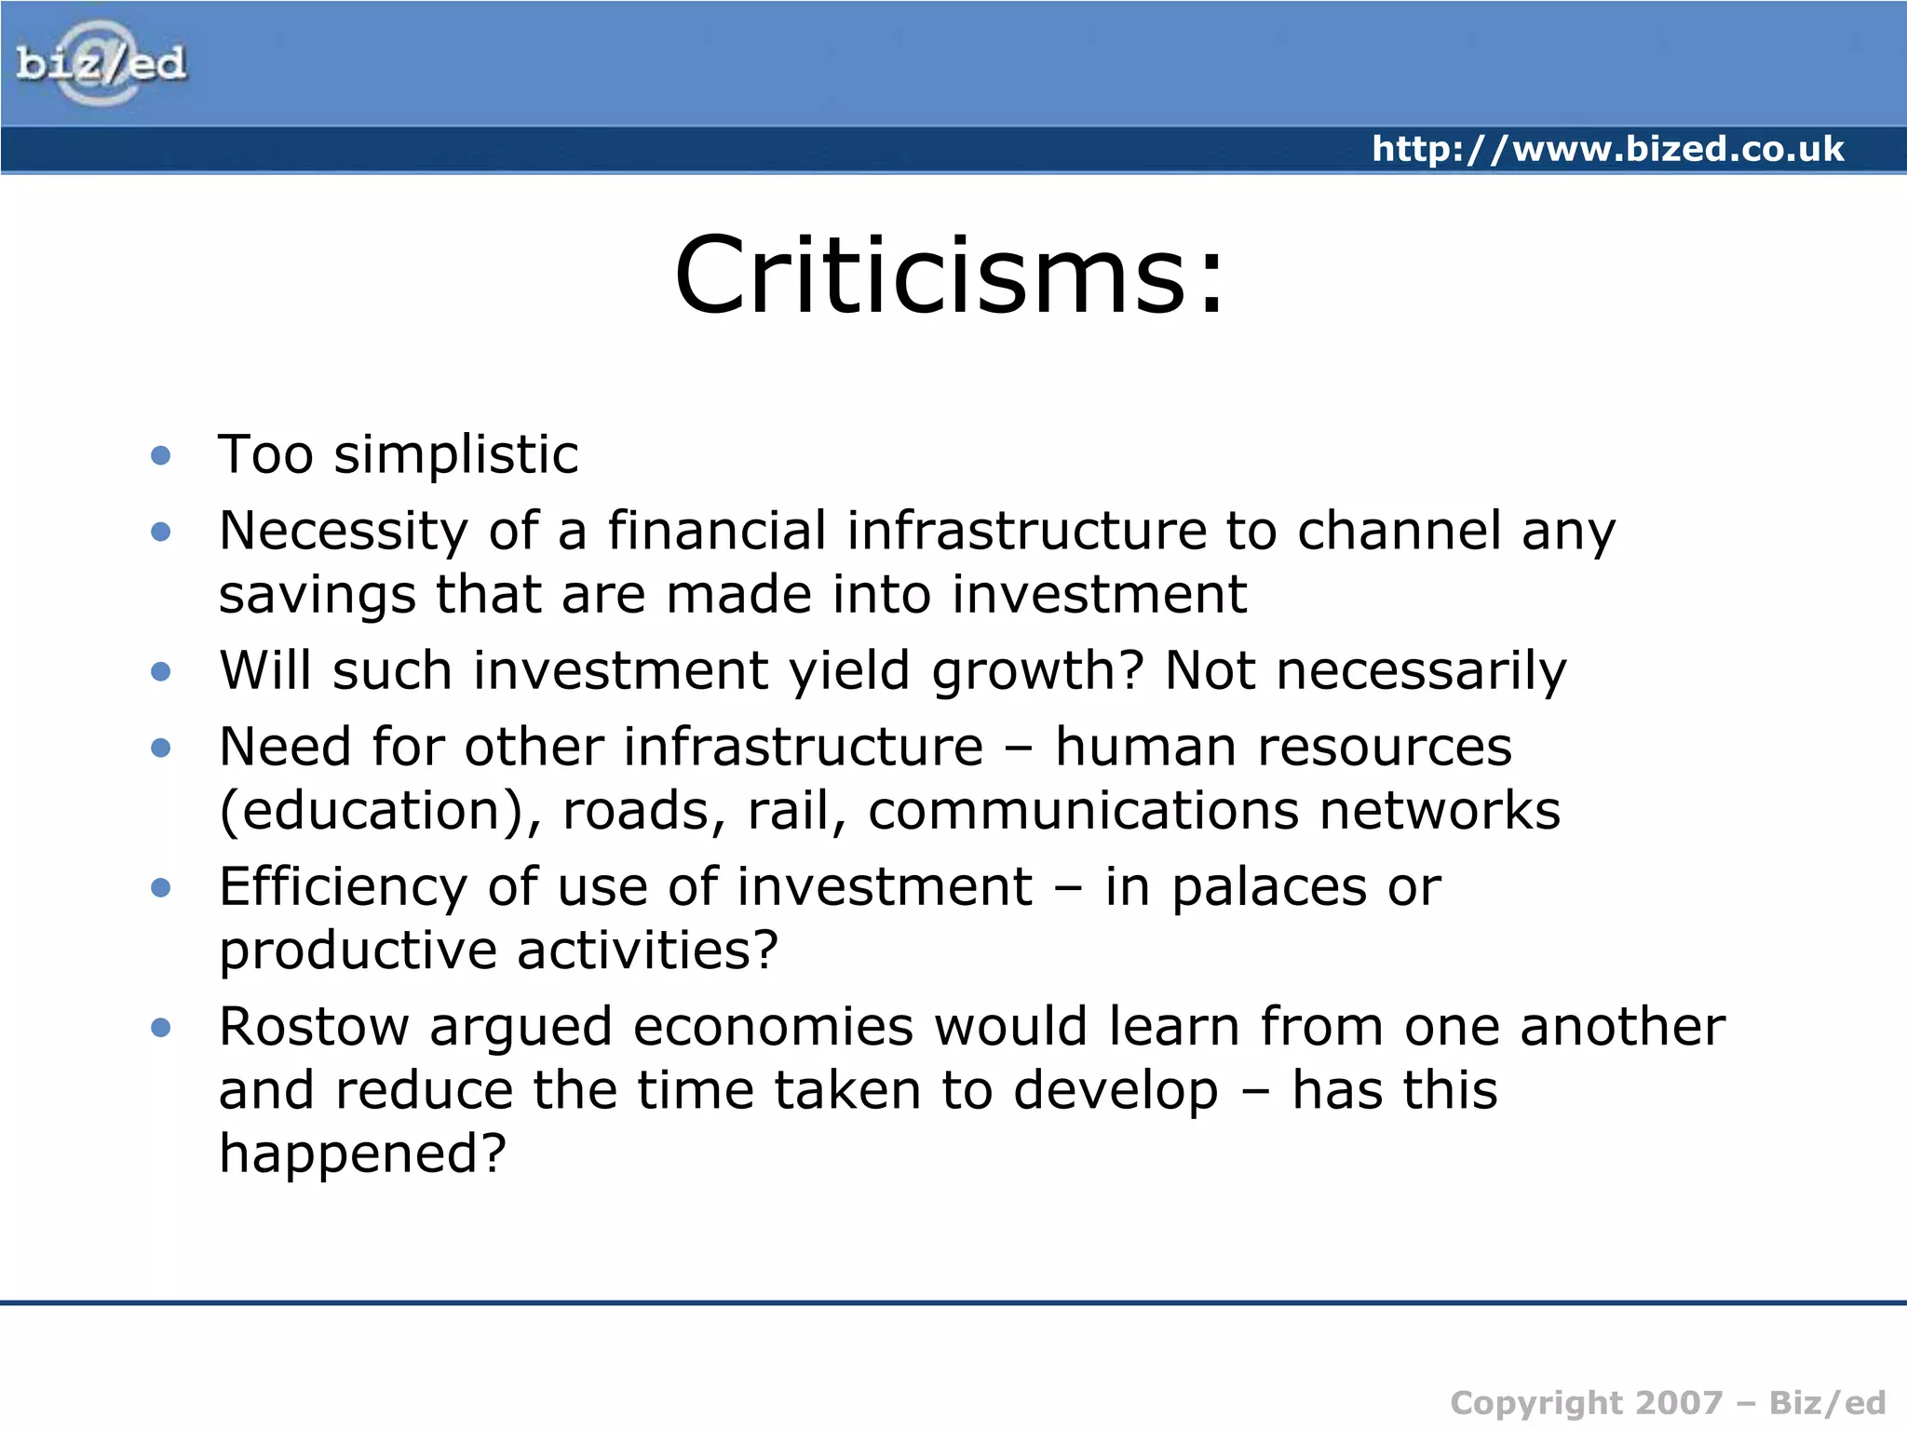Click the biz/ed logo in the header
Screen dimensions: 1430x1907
(x=101, y=63)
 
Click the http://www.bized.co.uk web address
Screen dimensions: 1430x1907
(x=1607, y=149)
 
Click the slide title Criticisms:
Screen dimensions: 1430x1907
(x=950, y=276)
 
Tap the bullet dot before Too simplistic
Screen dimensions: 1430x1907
(x=161, y=455)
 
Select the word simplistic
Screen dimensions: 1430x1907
(x=456, y=455)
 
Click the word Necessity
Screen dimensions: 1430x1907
(x=343, y=532)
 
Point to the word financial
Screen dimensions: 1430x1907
(x=717, y=531)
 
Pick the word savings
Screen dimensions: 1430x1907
(x=317, y=596)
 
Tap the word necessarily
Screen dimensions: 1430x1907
(x=1421, y=671)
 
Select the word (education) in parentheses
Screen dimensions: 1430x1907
(x=380, y=812)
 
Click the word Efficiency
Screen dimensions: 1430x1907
(x=343, y=887)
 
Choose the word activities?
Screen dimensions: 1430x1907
(x=647, y=951)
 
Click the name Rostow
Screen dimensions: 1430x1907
(x=314, y=1028)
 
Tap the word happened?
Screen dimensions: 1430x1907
(x=362, y=1154)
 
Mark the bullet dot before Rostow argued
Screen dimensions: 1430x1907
(x=161, y=1028)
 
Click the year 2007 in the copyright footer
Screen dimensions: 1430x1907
(x=1679, y=1403)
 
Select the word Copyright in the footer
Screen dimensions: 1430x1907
(x=1536, y=1403)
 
